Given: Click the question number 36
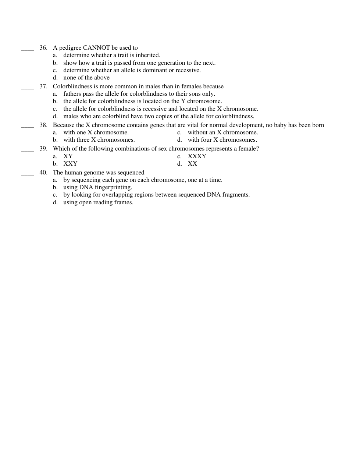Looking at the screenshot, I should click(x=43, y=48).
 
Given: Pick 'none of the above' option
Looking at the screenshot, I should click(x=86, y=78).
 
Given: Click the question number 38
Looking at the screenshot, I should click(x=43, y=125).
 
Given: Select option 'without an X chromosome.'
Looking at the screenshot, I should click(x=222, y=133).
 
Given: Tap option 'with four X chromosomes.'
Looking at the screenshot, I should click(x=222, y=140).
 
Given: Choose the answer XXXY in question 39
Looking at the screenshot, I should click(x=197, y=156).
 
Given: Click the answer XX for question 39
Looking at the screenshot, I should click(x=192, y=164).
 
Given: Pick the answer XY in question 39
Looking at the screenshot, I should click(x=68, y=156).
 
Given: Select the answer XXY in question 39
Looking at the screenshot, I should click(x=70, y=164).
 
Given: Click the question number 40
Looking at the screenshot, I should click(x=43, y=173).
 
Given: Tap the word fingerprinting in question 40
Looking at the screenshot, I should click(x=113, y=187).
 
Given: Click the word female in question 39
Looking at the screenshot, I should click(x=249, y=149).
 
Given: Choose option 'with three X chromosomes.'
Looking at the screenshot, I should click(x=99, y=140).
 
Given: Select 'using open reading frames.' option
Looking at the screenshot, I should click(x=98, y=202).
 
